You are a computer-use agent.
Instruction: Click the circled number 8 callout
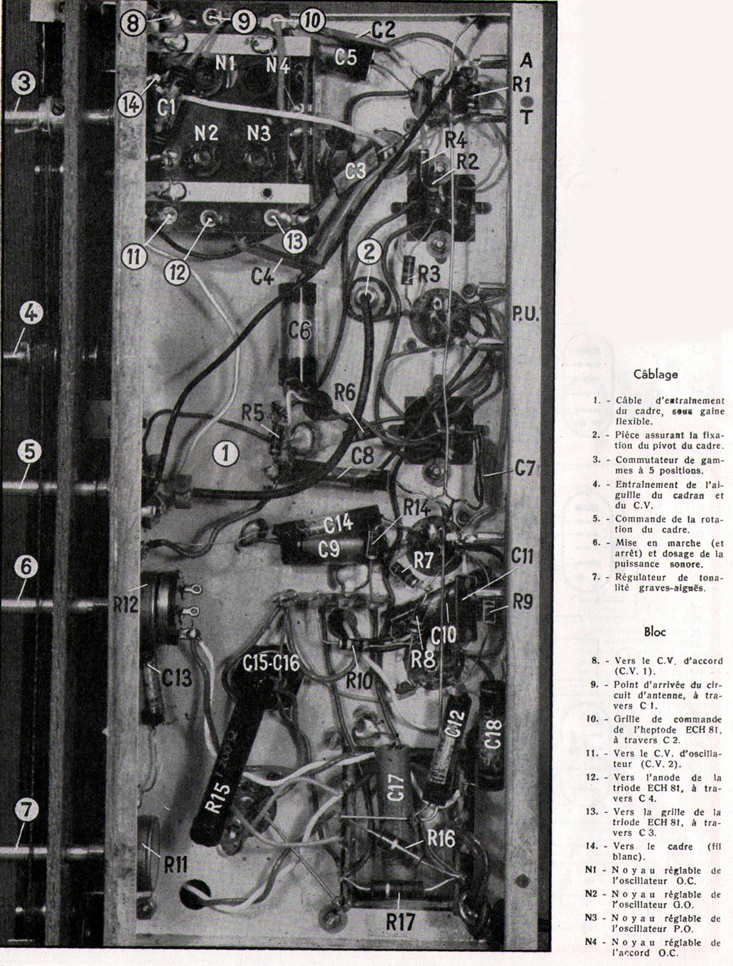point(133,24)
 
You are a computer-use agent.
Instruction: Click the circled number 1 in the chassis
point(226,454)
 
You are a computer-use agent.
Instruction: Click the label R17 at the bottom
point(399,922)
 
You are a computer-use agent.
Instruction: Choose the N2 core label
point(206,133)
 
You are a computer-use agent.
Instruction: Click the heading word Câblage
point(655,374)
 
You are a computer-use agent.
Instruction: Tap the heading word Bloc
point(655,632)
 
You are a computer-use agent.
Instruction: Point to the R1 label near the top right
point(521,84)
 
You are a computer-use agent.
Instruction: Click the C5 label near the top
point(345,57)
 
